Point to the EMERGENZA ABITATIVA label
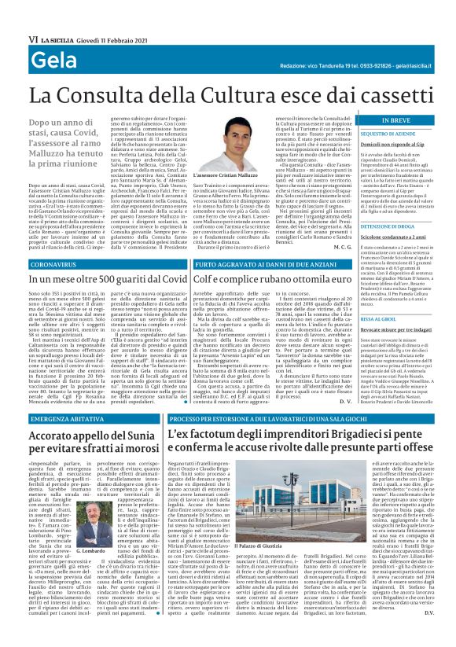[x=63, y=420]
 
